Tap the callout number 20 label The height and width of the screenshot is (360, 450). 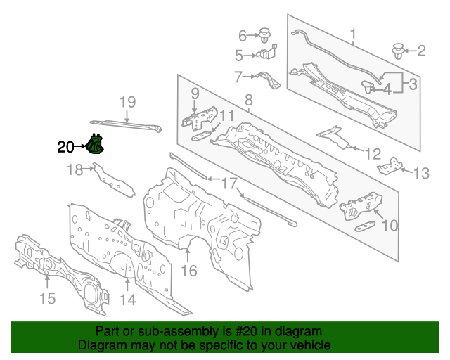point(65,147)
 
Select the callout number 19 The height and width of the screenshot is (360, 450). point(127,103)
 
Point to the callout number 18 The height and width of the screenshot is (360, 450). point(75,169)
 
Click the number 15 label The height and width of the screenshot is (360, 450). point(47,300)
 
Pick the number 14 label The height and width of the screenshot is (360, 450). point(127,300)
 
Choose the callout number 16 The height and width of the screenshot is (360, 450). point(189,271)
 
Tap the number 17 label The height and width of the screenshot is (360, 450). point(230,184)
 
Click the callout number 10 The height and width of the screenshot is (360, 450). point(389,226)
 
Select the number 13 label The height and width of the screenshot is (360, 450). point(420,173)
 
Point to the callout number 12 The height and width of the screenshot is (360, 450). point(373,153)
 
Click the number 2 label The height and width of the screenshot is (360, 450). point(421,50)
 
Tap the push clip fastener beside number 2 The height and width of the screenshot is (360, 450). point(399,51)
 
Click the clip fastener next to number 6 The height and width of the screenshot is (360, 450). point(265,34)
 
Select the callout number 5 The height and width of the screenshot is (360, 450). point(239,55)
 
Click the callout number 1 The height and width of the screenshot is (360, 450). point(353,34)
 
